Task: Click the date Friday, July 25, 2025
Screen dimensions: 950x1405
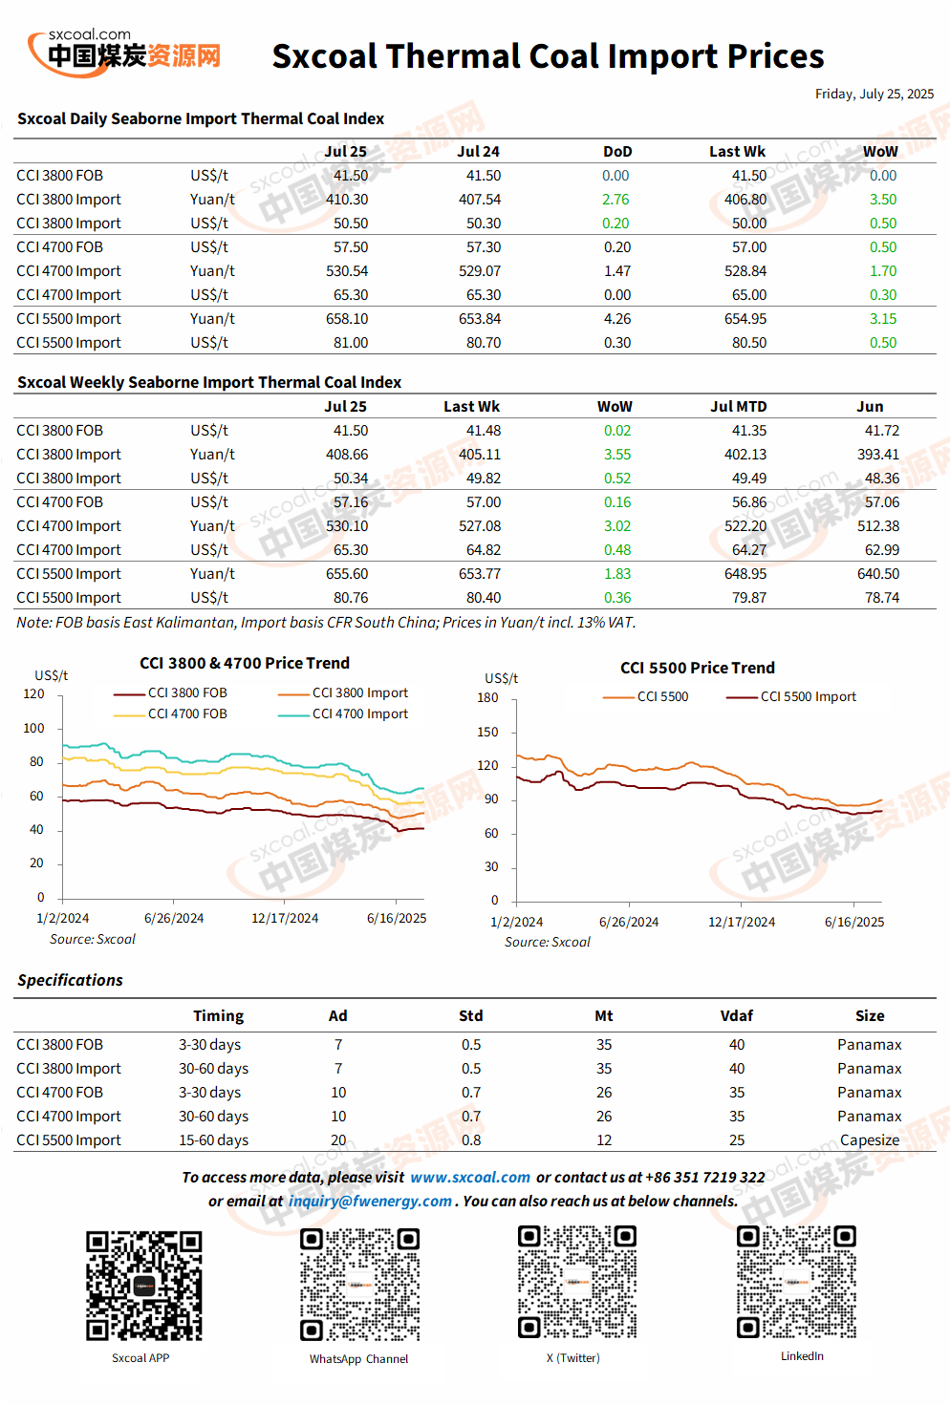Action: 874,95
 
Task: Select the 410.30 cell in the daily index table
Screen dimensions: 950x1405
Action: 347,200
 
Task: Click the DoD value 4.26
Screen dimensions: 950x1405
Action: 617,319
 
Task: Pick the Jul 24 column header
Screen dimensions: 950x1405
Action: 478,152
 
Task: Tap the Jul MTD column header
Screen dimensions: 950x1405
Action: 739,407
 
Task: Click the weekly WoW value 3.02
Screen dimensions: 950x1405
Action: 617,525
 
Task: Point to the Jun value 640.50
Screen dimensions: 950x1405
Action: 878,573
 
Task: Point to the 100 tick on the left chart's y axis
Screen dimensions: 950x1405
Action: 33,728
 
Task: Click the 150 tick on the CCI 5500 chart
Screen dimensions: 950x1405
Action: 487,732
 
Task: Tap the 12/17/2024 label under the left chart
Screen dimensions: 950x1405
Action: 285,918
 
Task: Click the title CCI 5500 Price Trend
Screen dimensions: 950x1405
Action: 698,668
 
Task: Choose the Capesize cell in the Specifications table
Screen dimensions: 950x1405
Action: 870,1140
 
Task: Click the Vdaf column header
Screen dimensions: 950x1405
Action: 737,1016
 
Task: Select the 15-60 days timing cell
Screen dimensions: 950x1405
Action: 213,1140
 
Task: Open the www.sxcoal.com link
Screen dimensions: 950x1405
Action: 470,1178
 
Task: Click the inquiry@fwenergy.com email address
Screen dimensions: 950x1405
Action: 370,1202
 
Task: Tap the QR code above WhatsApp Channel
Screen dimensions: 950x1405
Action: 359,1285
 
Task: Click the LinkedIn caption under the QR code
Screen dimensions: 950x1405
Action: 802,1356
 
